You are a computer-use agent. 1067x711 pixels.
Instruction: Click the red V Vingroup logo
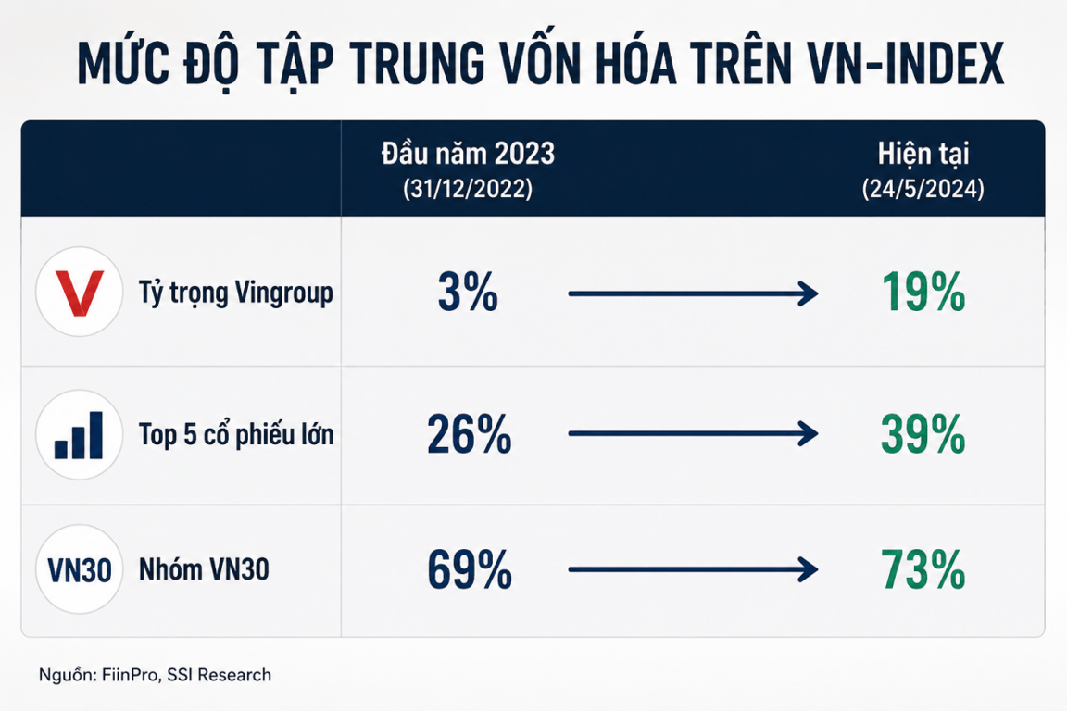point(80,293)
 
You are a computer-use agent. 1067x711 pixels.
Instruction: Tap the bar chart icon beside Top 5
point(79,435)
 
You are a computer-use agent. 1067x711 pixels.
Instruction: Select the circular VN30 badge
point(79,569)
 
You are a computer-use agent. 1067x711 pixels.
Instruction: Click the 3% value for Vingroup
point(468,293)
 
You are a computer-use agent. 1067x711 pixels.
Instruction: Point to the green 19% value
point(923,293)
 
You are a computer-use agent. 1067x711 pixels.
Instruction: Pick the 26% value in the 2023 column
point(469,434)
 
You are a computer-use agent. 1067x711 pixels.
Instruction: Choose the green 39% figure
point(923,434)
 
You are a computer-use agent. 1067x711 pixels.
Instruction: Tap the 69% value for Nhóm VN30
point(470,569)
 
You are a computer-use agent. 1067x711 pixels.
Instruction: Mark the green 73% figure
point(923,569)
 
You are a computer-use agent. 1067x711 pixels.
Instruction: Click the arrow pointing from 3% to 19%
point(694,293)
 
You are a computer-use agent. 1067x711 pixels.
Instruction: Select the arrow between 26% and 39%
point(694,433)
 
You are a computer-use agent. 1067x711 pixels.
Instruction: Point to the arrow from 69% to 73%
point(694,569)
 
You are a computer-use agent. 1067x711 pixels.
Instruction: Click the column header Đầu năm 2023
point(468,154)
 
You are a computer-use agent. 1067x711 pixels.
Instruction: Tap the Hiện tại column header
point(923,154)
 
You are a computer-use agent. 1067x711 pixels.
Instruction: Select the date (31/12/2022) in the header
point(468,189)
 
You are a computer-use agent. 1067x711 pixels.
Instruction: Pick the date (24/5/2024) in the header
point(923,189)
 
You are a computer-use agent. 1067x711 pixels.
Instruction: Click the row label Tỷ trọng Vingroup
point(236,293)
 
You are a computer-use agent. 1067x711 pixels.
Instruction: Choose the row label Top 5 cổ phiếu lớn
point(236,434)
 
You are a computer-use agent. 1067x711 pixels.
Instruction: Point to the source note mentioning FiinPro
point(156,675)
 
